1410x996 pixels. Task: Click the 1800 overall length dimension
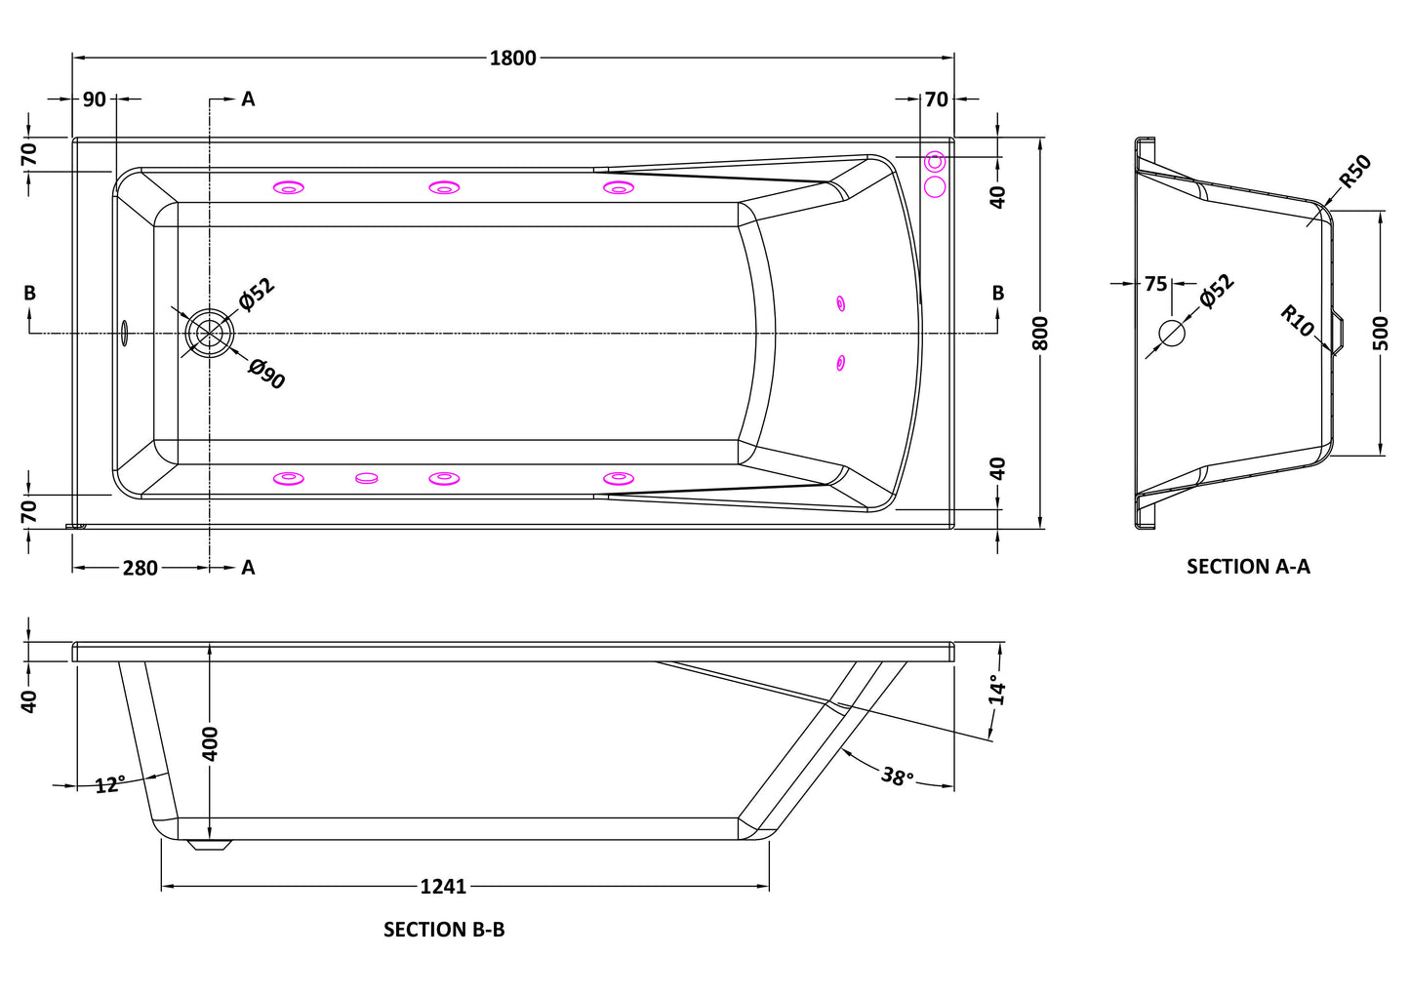[513, 58]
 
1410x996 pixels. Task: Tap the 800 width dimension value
[1040, 334]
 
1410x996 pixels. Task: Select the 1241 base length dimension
[444, 887]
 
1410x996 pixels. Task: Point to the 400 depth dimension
[211, 743]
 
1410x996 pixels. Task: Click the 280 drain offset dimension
[140, 568]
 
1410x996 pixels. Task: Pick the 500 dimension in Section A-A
[1379, 334]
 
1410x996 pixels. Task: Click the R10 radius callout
[1298, 321]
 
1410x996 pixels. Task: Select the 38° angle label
[897, 777]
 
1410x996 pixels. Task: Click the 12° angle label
[110, 784]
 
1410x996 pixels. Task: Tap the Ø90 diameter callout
[267, 374]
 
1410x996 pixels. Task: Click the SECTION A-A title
[1248, 566]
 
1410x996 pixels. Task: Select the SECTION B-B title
[444, 930]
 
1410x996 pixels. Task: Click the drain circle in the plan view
[210, 334]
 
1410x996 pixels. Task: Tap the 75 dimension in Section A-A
[1155, 285]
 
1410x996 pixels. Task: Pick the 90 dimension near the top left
[95, 100]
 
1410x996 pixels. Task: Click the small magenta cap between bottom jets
[367, 479]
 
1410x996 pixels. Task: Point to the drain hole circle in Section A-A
[1172, 334]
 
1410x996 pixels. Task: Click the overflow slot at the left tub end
[124, 333]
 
